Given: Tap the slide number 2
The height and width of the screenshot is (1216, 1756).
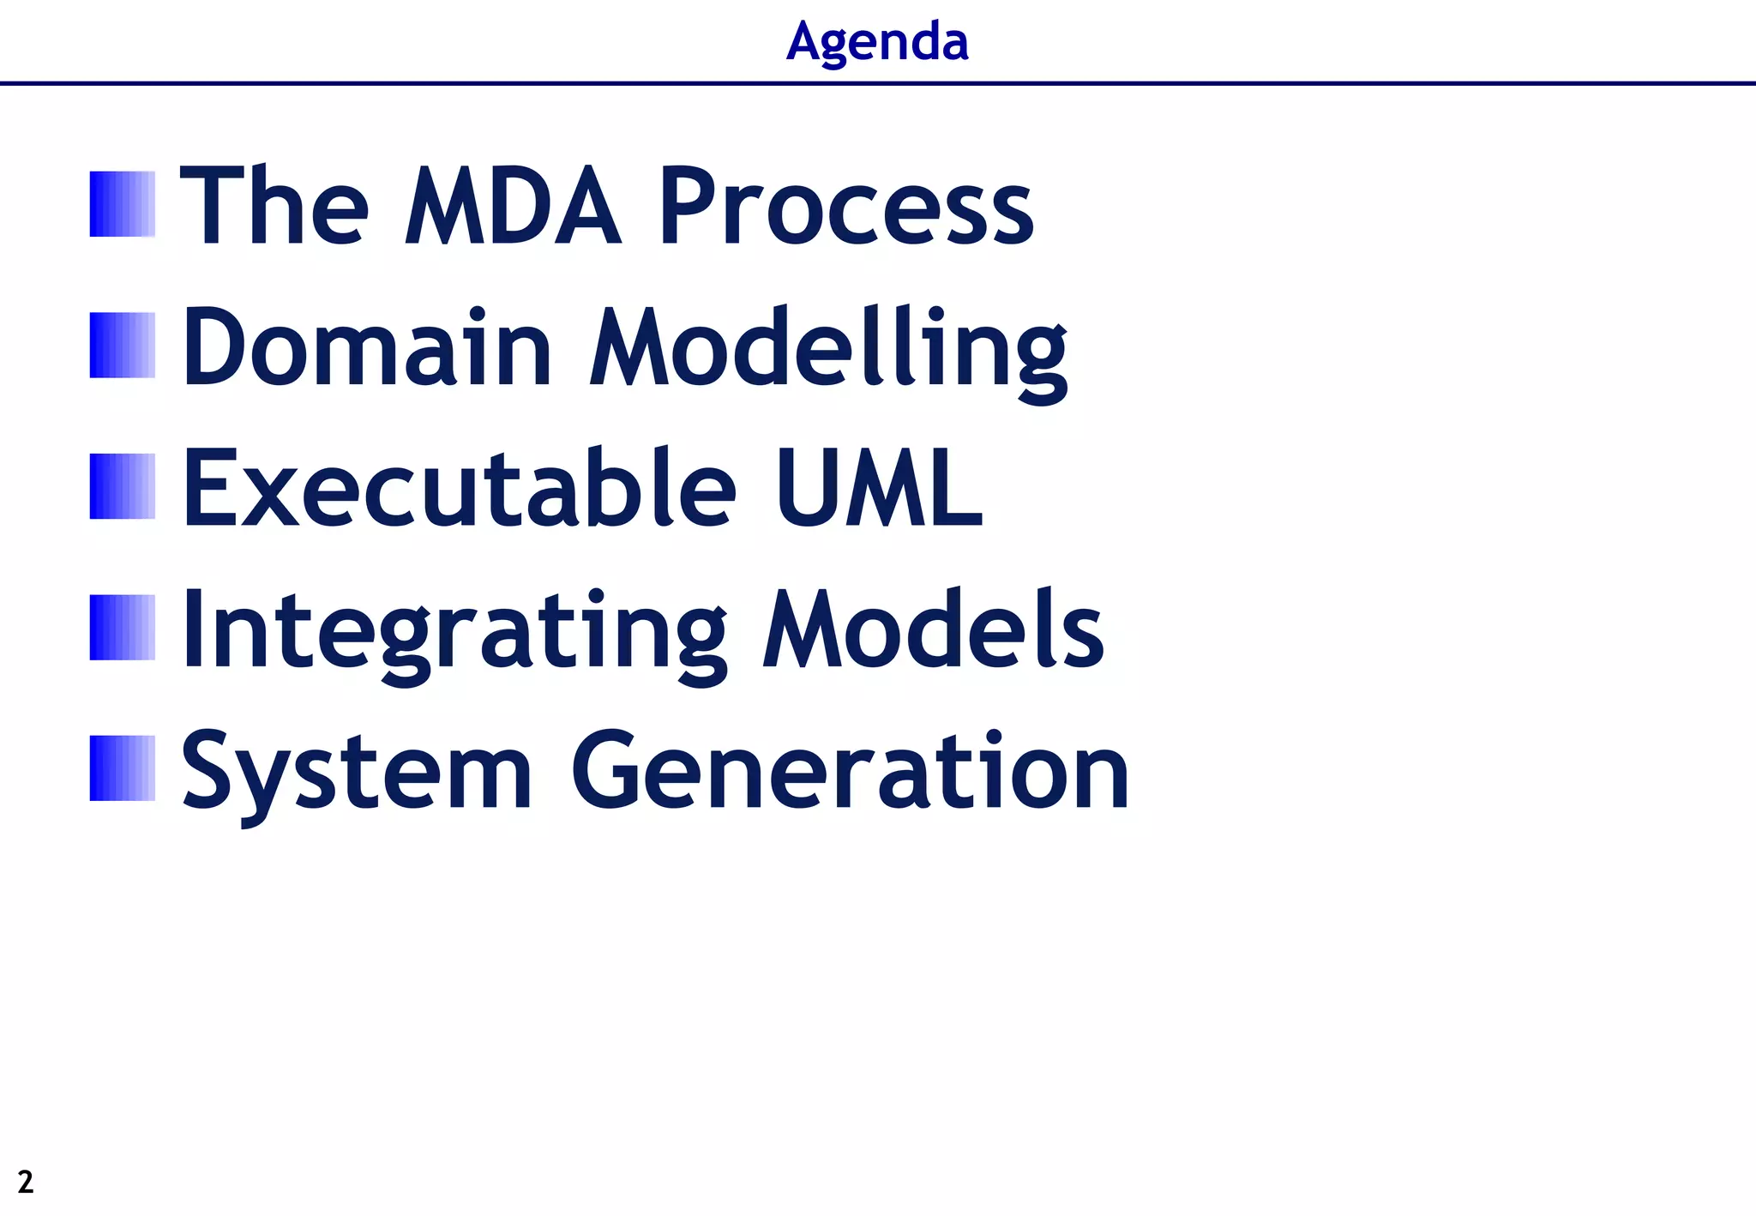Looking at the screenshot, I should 26,1182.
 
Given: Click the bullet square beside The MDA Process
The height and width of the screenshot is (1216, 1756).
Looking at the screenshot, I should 123,204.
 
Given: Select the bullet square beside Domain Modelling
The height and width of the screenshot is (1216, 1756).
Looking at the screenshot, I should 123,346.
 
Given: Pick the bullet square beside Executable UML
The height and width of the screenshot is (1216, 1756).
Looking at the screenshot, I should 123,486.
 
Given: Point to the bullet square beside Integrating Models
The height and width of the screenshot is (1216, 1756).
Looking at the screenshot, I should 123,628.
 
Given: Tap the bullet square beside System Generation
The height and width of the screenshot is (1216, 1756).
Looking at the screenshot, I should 123,768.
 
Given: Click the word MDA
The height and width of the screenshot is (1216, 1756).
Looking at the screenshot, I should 512,206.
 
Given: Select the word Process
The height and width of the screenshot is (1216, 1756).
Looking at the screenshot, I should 845,206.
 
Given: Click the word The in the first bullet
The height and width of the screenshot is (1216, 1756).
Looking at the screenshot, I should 274,206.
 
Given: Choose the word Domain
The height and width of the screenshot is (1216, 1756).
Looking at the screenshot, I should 367,347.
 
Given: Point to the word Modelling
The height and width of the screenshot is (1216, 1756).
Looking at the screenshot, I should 829,352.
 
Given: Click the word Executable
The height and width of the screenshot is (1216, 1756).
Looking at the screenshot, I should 459,488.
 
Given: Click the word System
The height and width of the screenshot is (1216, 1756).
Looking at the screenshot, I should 357,772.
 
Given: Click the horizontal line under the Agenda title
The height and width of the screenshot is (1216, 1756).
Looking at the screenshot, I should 878,83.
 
